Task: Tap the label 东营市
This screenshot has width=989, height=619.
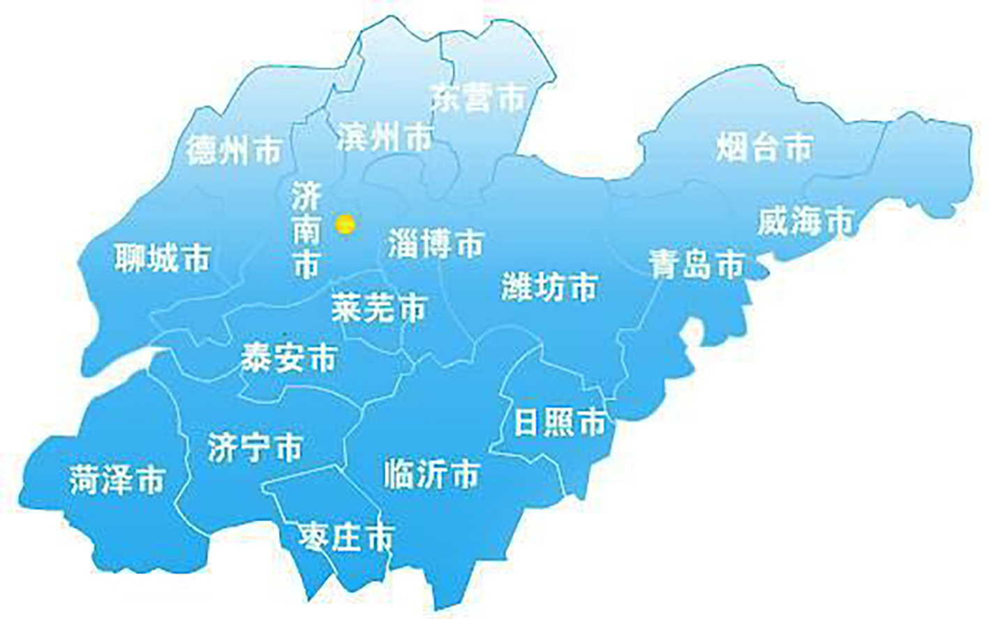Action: (x=478, y=98)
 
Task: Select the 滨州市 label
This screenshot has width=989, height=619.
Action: (x=385, y=137)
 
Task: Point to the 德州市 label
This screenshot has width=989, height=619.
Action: (x=235, y=149)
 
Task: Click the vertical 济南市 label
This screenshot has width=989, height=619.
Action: (x=306, y=230)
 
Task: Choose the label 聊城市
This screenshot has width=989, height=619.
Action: (x=163, y=258)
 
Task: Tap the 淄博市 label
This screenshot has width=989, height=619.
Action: (x=436, y=244)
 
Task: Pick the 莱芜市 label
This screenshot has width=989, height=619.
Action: (x=379, y=307)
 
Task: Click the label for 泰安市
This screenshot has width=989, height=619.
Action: (x=288, y=358)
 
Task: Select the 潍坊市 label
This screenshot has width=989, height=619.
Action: (x=549, y=286)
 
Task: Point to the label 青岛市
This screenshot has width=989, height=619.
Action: (x=697, y=264)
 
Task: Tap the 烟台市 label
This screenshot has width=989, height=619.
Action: (x=765, y=147)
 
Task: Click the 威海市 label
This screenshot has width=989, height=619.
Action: (x=806, y=222)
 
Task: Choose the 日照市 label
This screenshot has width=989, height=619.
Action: (x=559, y=422)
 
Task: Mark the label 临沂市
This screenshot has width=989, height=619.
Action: (x=432, y=475)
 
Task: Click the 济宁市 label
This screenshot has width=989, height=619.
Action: (x=255, y=447)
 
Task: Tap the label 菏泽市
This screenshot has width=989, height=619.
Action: (x=117, y=480)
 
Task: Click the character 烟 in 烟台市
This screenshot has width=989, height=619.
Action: (x=732, y=147)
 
